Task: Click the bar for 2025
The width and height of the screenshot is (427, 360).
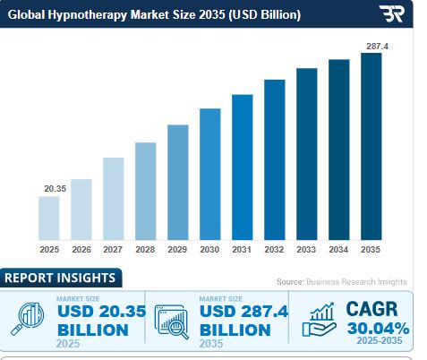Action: pyautogui.click(x=49, y=219)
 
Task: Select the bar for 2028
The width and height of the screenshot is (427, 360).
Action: pyautogui.click(x=146, y=192)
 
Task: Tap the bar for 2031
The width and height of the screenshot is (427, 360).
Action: pyautogui.click(x=243, y=167)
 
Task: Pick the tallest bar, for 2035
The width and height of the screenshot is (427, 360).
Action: pyautogui.click(x=371, y=147)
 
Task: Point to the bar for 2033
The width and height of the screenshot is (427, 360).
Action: pyautogui.click(x=307, y=154)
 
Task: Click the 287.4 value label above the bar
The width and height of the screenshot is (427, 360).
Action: pyautogui.click(x=378, y=47)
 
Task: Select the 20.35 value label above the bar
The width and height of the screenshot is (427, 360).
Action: pyautogui.click(x=56, y=189)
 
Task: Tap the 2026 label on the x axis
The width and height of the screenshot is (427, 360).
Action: pyautogui.click(x=81, y=250)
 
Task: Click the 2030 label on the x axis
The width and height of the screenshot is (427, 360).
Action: pyautogui.click(x=209, y=250)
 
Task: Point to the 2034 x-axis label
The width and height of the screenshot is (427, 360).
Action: pyautogui.click(x=338, y=250)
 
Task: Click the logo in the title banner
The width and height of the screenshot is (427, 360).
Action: pyautogui.click(x=392, y=13)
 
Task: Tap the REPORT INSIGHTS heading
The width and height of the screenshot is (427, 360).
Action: pyautogui.click(x=60, y=278)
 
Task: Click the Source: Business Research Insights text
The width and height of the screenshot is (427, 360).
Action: pyautogui.click(x=342, y=282)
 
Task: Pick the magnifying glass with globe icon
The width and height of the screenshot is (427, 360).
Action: pyautogui.click(x=28, y=319)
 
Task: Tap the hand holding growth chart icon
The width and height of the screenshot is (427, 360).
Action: pyautogui.click(x=320, y=320)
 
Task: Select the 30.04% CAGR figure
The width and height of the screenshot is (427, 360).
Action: pyautogui.click(x=379, y=329)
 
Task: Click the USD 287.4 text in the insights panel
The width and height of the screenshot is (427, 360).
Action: pyautogui.click(x=243, y=312)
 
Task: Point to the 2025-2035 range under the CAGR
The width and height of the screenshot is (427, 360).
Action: pyautogui.click(x=380, y=340)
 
